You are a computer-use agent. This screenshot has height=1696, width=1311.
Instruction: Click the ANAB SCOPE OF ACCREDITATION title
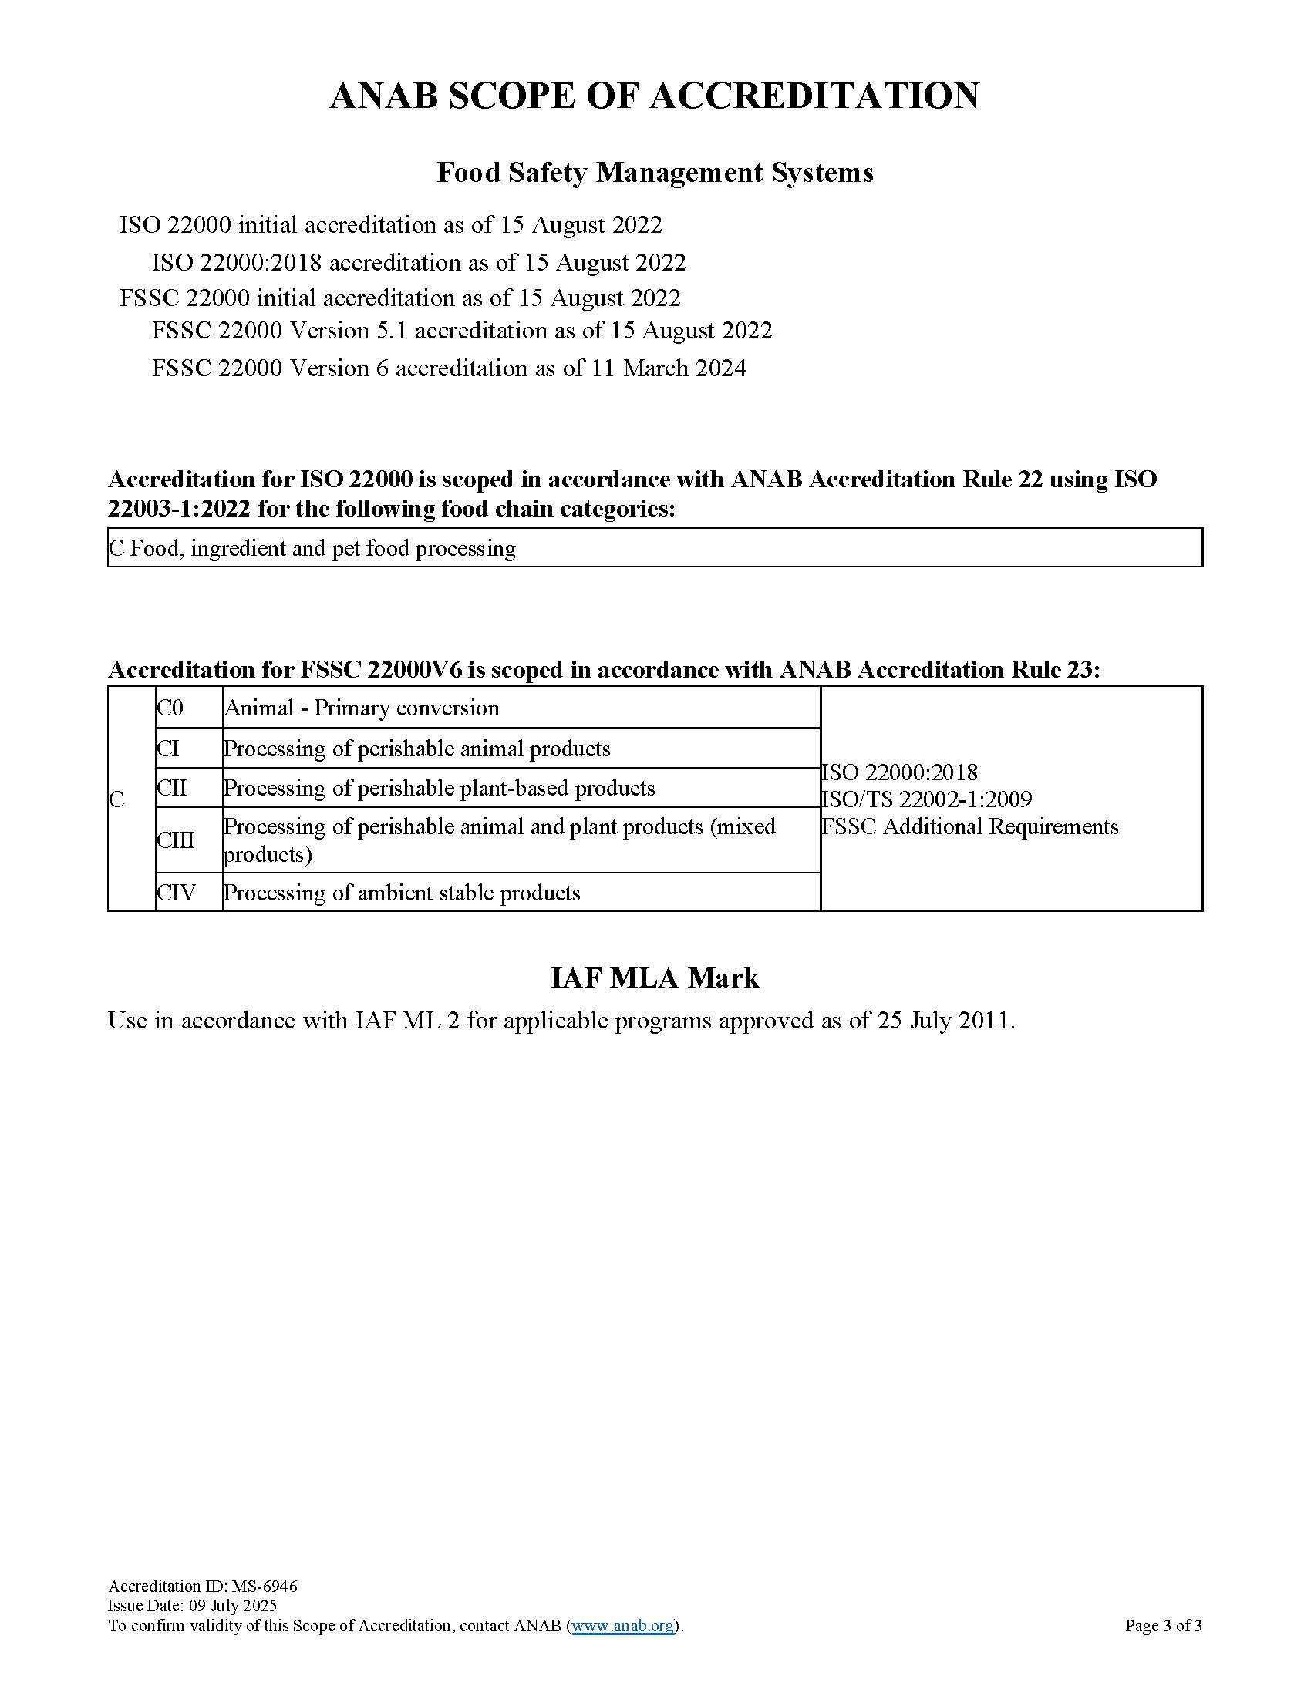[655, 96]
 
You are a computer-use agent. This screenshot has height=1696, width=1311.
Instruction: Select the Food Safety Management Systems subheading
[655, 173]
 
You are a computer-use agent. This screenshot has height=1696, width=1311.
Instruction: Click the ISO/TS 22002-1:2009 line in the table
[926, 799]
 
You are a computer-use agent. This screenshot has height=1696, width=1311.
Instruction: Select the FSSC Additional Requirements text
[970, 826]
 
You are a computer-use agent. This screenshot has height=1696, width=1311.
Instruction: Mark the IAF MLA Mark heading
[655, 978]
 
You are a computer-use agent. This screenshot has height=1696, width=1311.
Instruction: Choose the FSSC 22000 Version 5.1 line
[462, 331]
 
